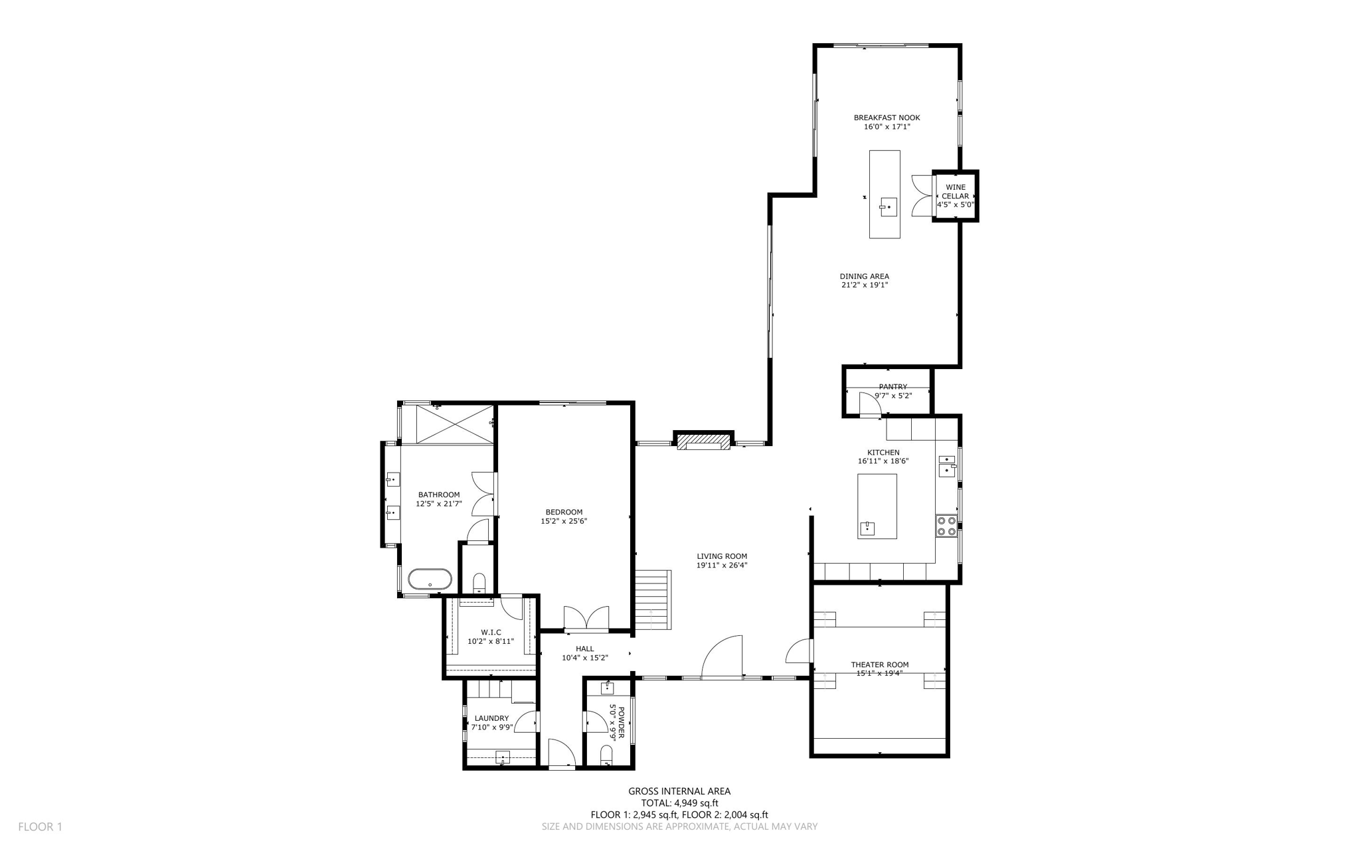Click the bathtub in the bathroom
(x=430, y=579)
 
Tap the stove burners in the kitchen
(x=946, y=526)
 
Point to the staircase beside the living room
(x=652, y=599)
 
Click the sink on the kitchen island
(x=867, y=528)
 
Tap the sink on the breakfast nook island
(x=888, y=207)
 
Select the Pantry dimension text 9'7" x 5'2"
(x=892, y=396)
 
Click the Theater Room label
(x=880, y=664)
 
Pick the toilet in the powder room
(x=606, y=755)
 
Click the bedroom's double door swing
(x=585, y=617)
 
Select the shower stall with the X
(x=455, y=424)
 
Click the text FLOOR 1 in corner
(x=40, y=826)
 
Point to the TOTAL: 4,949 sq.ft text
(x=679, y=803)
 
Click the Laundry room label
(x=491, y=718)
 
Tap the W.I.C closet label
(x=491, y=633)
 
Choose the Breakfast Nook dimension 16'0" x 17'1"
(x=887, y=126)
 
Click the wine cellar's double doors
(x=922, y=196)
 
